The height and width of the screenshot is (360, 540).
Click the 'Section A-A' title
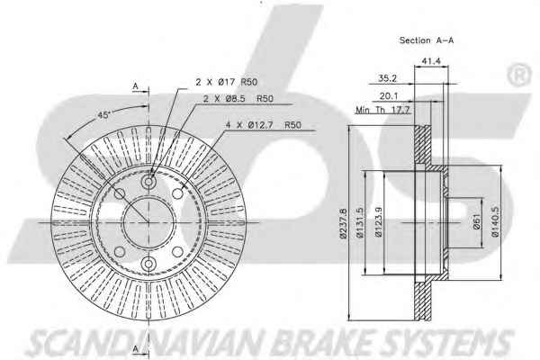(x=427, y=40)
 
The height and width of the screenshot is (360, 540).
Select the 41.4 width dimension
(x=431, y=61)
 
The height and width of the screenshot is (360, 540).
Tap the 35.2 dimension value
(x=387, y=78)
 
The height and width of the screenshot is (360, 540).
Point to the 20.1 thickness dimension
(x=389, y=95)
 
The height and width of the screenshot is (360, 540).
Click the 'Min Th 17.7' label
(x=382, y=110)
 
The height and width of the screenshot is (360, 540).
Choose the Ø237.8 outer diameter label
(x=343, y=223)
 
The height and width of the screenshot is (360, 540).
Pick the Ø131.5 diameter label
(x=359, y=222)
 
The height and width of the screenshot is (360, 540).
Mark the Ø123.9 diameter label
(x=379, y=222)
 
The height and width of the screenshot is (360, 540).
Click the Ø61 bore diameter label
(x=477, y=221)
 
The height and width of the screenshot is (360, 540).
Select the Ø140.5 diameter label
(x=495, y=222)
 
